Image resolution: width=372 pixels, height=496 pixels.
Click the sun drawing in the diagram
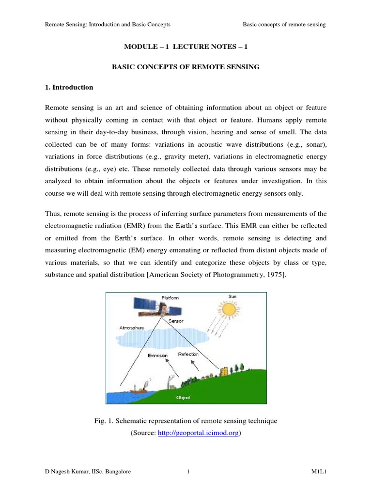point(229,309)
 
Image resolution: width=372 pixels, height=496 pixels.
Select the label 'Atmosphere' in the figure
point(132,328)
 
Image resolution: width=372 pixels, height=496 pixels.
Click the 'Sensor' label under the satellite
point(176,321)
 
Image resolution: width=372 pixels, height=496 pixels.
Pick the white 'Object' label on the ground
point(183,398)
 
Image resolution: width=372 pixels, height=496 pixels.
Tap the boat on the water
point(139,388)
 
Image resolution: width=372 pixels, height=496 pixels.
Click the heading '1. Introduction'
point(69,88)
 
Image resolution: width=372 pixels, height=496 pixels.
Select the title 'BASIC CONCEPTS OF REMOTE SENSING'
point(186,67)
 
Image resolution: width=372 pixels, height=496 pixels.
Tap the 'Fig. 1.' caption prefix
point(105,421)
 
